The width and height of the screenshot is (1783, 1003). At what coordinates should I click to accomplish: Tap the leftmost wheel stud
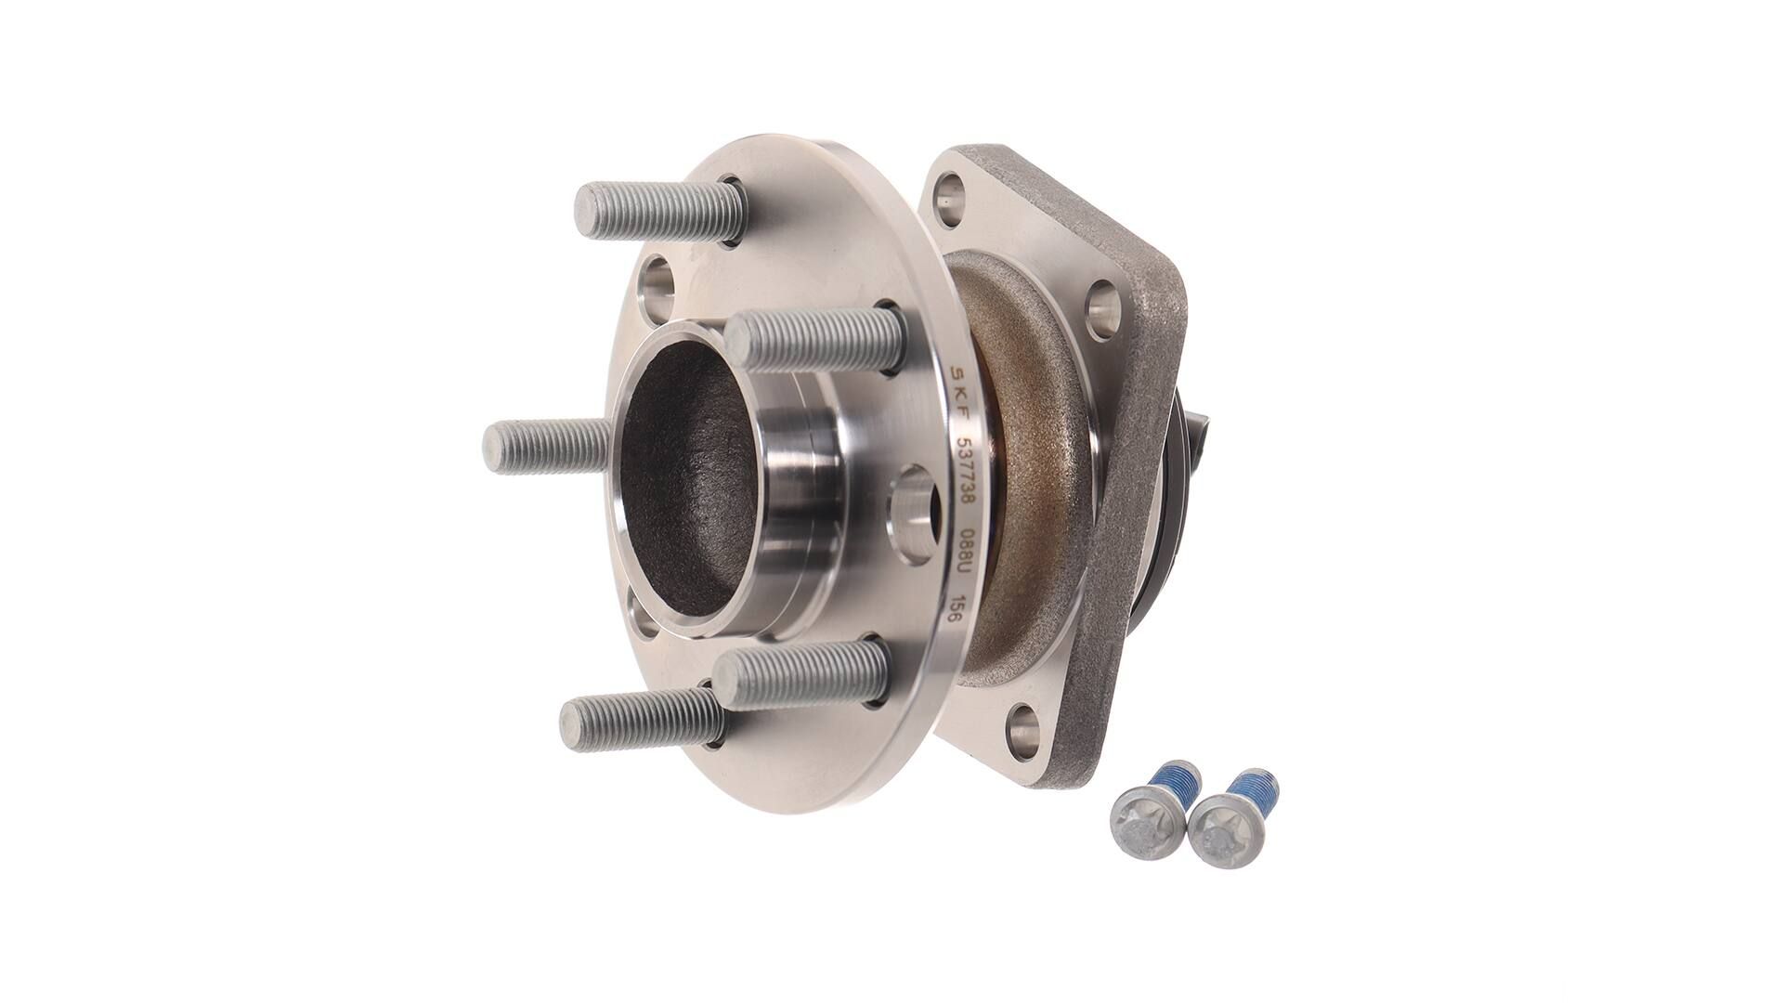pyautogui.click(x=548, y=448)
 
